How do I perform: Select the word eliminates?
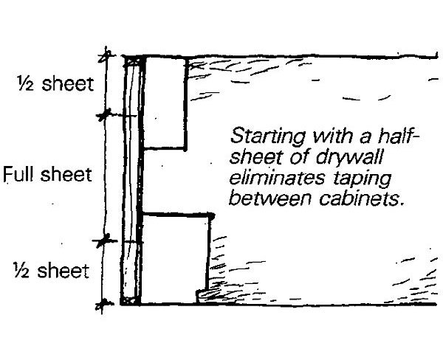click(x=268, y=177)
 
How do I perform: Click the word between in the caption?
click(x=264, y=197)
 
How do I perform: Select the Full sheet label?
click(x=48, y=176)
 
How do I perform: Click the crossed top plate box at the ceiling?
click(x=132, y=61)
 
